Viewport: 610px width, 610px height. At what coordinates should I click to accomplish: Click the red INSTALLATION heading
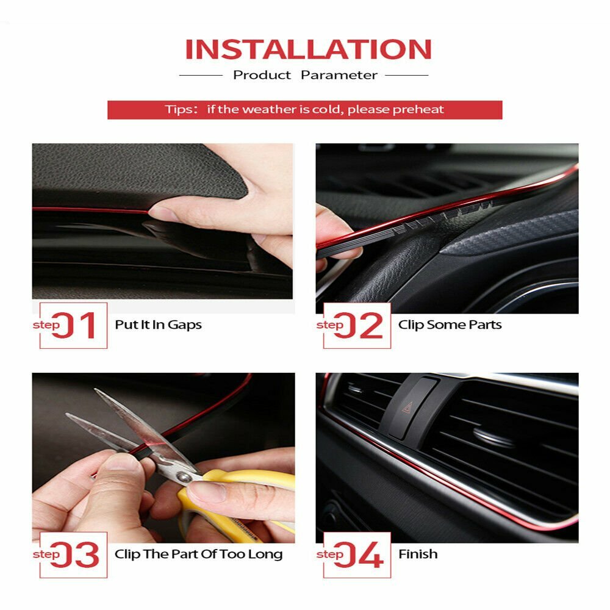[x=308, y=49]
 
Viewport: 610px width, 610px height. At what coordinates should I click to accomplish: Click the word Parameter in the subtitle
[x=339, y=75]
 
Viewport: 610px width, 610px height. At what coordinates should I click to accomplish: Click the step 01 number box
[x=74, y=326]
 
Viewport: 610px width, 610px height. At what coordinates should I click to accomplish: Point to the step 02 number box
[x=357, y=326]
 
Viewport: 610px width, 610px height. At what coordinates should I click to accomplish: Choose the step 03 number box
[x=74, y=554]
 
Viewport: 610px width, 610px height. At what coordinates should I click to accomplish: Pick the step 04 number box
[x=357, y=554]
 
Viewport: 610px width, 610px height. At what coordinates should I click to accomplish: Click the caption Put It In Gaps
[x=158, y=325]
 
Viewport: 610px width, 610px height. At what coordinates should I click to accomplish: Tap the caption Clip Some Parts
[x=450, y=325]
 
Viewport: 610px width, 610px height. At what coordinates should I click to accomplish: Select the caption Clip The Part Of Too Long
[x=198, y=554]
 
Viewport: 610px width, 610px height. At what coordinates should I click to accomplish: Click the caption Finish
[x=418, y=554]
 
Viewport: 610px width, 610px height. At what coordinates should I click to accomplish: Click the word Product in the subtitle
[x=262, y=75]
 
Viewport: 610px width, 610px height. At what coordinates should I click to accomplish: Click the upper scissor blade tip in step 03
[x=98, y=391]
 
